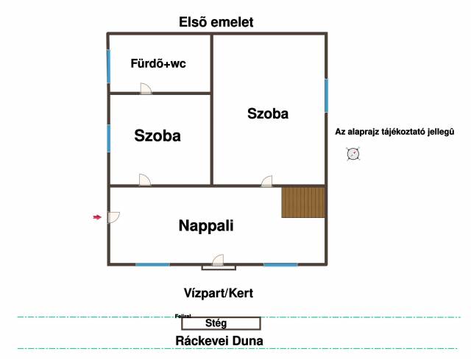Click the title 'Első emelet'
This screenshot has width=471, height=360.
coord(216,22)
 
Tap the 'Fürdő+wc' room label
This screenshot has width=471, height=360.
coord(158,63)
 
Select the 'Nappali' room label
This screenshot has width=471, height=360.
coord(206,226)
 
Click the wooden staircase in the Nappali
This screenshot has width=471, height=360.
coord(303,202)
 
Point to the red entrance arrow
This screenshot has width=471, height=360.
coord(97,216)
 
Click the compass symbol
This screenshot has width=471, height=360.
coord(353,154)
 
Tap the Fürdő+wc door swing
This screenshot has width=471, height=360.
coord(146,88)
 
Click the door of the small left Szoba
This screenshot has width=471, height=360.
coord(145,180)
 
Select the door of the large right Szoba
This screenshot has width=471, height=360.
coord(266,180)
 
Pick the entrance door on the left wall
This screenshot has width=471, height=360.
coord(113,217)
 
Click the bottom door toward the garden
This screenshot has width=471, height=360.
coord(219,261)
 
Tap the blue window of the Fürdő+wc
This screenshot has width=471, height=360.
coord(109,66)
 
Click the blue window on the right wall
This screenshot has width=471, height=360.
coord(326,96)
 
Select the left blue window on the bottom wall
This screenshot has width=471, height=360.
coord(152,264)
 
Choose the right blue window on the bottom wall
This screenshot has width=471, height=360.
coord(280,264)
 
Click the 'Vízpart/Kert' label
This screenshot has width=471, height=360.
coord(218,293)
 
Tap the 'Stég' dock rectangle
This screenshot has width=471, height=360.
coord(221,322)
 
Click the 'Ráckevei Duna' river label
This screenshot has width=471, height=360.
coord(219,341)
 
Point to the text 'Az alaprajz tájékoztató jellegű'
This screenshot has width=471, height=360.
coord(394,132)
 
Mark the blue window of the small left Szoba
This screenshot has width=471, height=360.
coord(109,138)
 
